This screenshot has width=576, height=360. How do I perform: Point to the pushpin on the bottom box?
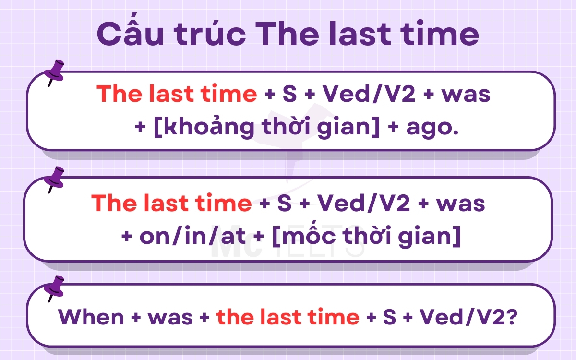pyautogui.click(x=54, y=287)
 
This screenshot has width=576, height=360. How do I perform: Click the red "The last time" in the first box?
pyautogui.click(x=177, y=95)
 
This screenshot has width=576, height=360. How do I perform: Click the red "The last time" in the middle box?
pyautogui.click(x=171, y=204)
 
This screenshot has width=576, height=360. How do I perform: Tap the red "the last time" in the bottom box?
pyautogui.click(x=288, y=317)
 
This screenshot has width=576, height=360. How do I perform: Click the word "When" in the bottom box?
pyautogui.click(x=91, y=317)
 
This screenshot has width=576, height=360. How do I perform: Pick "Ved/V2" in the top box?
pyautogui.click(x=368, y=95)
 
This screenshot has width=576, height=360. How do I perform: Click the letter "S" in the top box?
pyautogui.click(x=290, y=95)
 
